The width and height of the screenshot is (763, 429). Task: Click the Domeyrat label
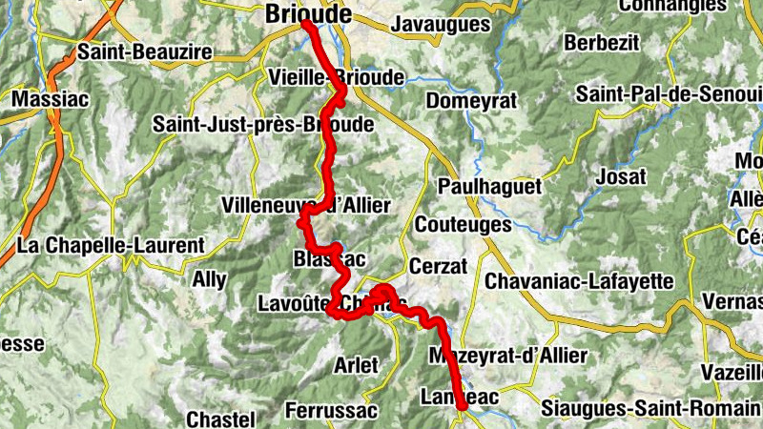pyautogui.click(x=471, y=100)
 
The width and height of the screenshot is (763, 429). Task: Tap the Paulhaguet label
pyautogui.click(x=489, y=186)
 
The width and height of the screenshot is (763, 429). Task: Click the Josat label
pyautogui.click(x=620, y=176)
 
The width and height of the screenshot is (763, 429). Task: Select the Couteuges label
pyautogui.click(x=463, y=226)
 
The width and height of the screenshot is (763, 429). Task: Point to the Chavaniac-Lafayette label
pyautogui.click(x=579, y=281)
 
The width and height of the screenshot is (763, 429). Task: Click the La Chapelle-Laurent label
pyautogui.click(x=111, y=245)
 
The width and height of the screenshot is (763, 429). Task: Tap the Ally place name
pyautogui.click(x=209, y=279)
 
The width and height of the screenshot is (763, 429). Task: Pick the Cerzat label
pyautogui.click(x=438, y=266)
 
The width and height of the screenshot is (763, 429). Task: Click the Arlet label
pyautogui.click(x=356, y=364)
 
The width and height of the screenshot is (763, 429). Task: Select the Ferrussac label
pyautogui.click(x=331, y=411)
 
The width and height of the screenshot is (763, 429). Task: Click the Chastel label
pyautogui.click(x=220, y=419)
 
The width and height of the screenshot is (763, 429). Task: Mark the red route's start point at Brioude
pyautogui.click(x=306, y=24)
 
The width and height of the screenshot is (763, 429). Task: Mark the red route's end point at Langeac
pyautogui.click(x=463, y=405)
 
